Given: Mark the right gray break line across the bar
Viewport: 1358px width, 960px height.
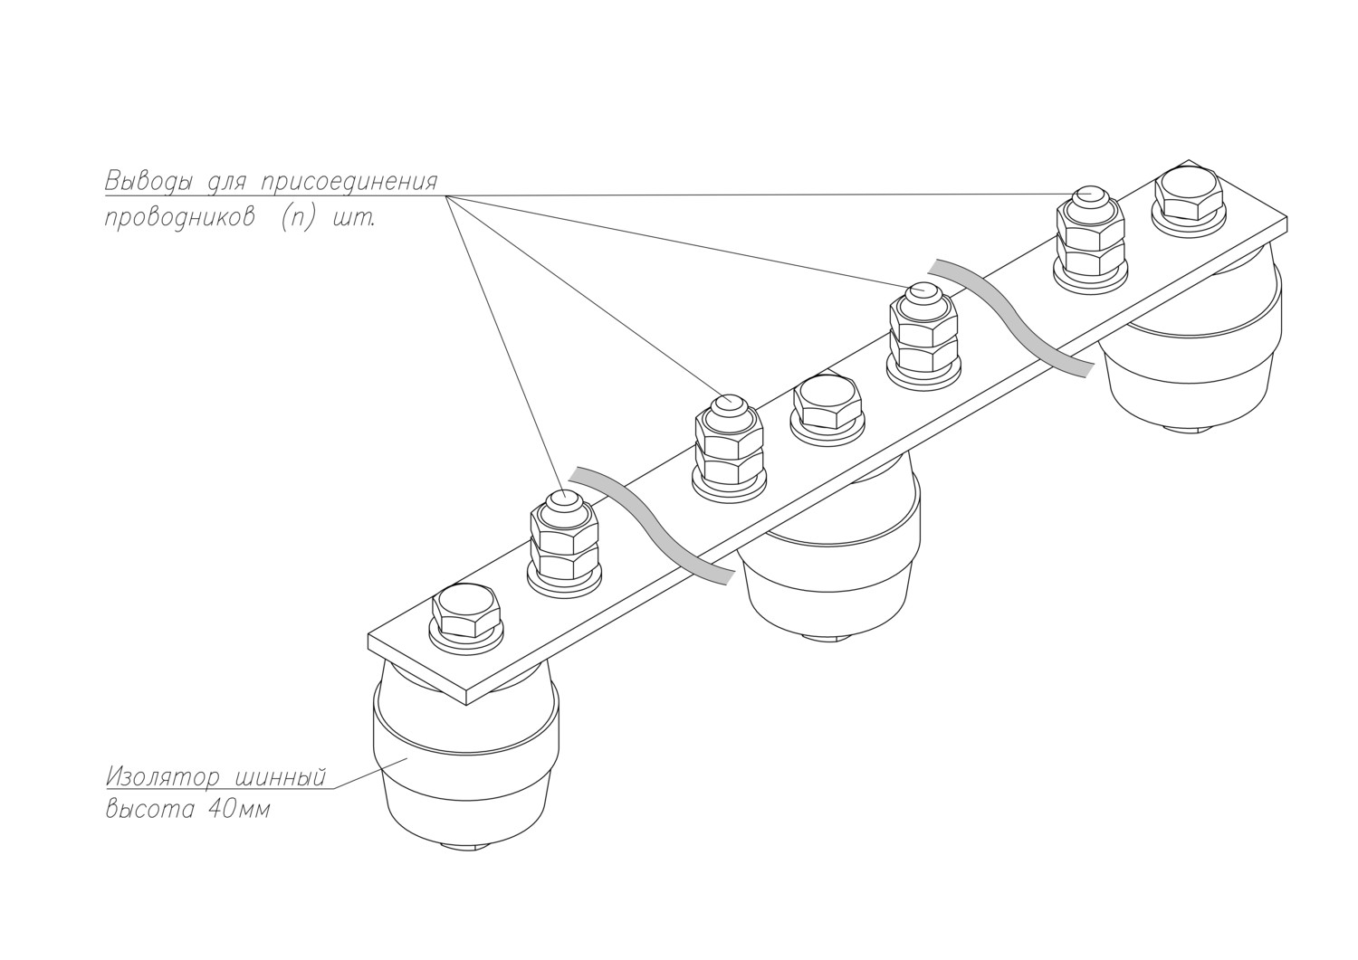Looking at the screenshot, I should (x=1014, y=317).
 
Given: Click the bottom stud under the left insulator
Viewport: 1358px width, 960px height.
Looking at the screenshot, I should (x=467, y=847).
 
